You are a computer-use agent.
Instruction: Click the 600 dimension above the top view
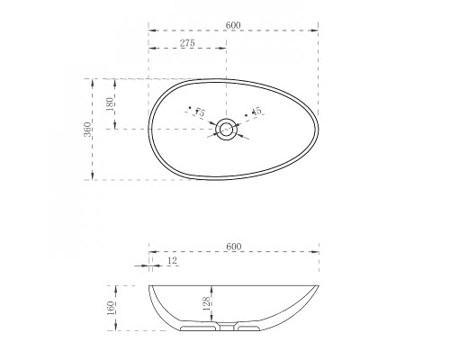click(233, 25)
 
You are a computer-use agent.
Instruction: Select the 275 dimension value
click(187, 43)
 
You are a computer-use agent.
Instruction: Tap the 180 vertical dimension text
click(110, 104)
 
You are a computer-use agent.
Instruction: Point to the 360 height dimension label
click(87, 130)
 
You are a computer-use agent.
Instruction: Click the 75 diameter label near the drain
click(200, 112)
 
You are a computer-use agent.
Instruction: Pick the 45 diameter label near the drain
click(256, 112)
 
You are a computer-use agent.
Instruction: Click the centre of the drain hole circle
click(227, 130)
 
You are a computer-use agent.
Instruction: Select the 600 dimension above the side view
click(234, 247)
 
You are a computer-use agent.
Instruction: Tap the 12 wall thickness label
click(173, 260)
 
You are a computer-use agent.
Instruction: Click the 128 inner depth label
click(206, 303)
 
